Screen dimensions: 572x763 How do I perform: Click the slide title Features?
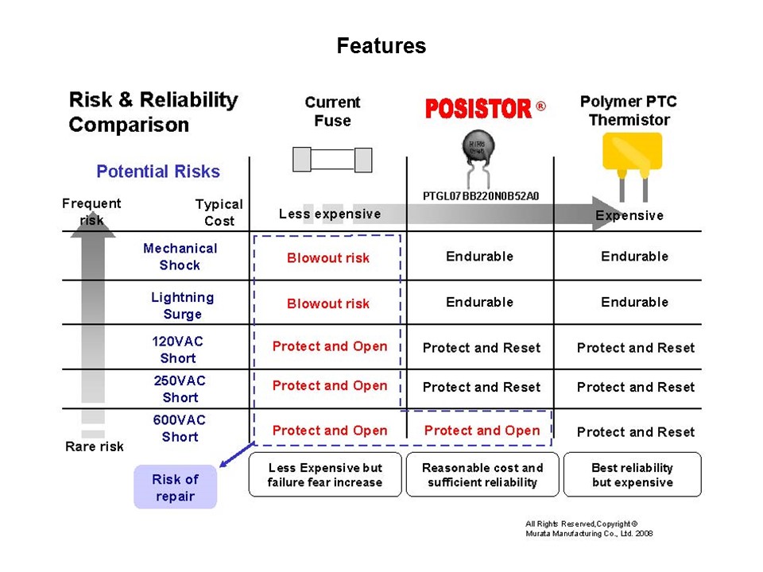point(381,46)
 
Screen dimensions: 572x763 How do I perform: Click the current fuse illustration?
point(332,160)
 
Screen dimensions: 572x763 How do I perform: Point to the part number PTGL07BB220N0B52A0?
point(479,196)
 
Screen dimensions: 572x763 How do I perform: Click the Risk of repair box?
point(175,488)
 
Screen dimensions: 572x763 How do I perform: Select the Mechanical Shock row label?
point(180,257)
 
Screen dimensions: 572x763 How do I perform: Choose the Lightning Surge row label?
point(182,305)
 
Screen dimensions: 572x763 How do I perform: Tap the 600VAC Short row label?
point(179,428)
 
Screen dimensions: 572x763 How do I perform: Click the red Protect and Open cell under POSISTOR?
point(482,431)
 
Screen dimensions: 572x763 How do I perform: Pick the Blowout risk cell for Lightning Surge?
point(328,303)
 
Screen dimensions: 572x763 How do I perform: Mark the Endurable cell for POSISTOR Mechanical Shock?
point(479,257)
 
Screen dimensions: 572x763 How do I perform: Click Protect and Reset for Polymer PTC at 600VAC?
point(635,432)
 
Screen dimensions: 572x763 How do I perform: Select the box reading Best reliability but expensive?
point(632,475)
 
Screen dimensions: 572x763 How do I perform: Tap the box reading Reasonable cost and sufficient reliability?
point(482,475)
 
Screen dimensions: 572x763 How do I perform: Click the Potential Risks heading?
point(158,172)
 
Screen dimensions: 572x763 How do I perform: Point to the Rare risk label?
point(95,446)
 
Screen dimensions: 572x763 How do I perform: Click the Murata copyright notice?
point(589,528)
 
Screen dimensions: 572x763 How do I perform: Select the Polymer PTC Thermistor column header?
point(629,111)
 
